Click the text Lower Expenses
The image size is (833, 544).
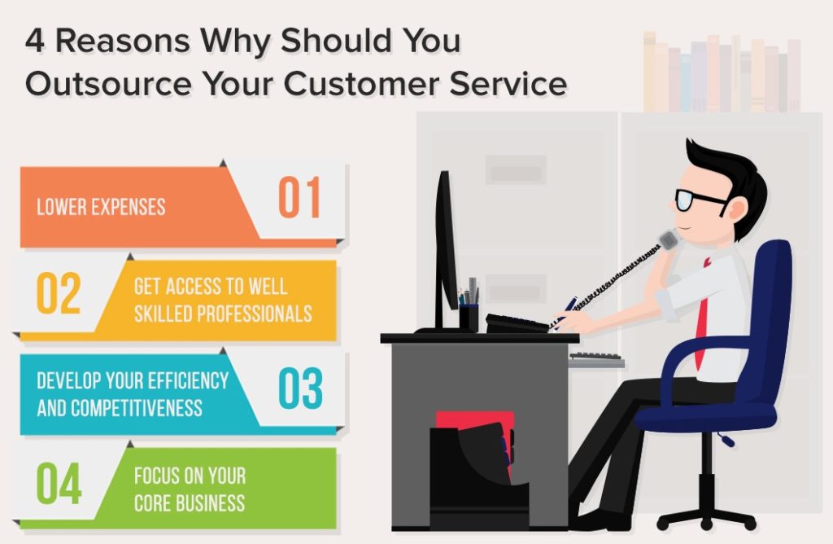pos(101,206)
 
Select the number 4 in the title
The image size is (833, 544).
pos(34,41)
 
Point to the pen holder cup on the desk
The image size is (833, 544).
pos(469,316)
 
